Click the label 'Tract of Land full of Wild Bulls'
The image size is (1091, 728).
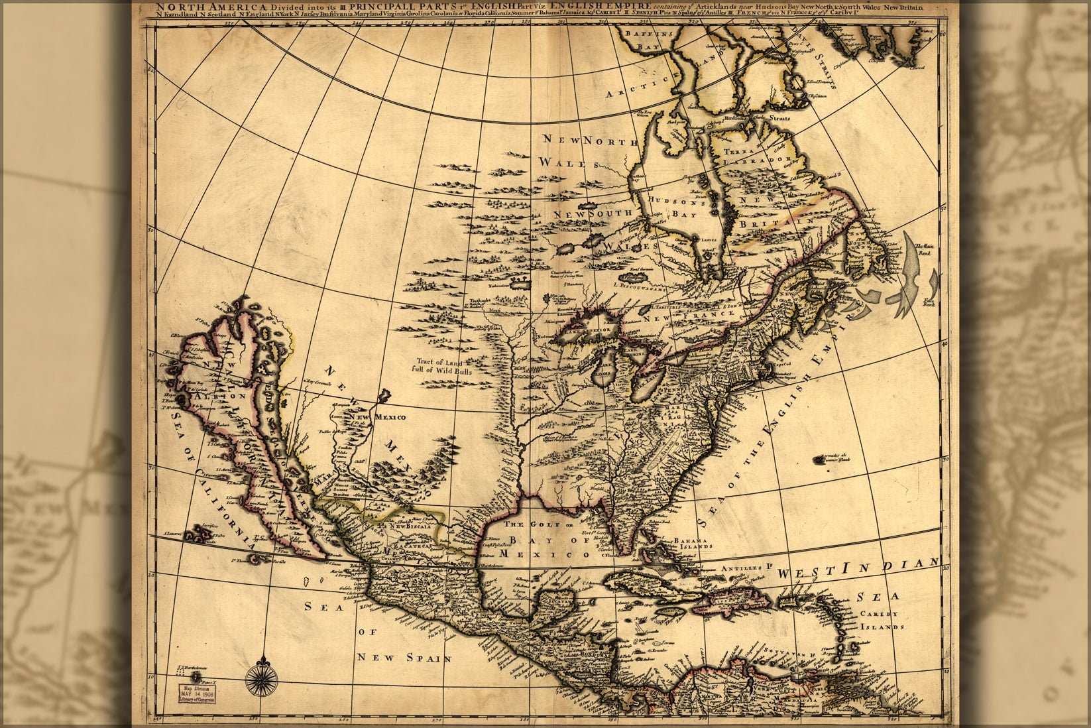click(x=433, y=367)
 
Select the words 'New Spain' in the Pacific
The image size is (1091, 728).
click(x=404, y=658)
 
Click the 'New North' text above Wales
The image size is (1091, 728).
click(x=589, y=140)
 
